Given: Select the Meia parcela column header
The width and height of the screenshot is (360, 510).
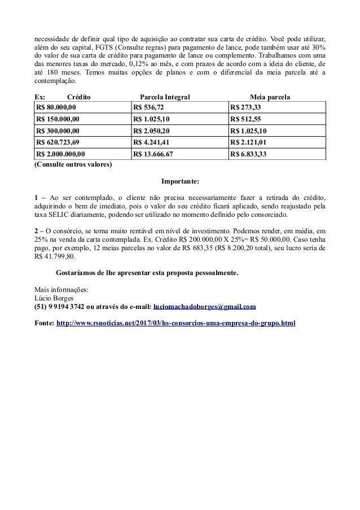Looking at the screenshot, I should (270, 97).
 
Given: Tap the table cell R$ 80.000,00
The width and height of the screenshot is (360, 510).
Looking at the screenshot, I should (56, 107).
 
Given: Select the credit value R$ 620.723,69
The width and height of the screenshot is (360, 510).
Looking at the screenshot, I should (59, 142).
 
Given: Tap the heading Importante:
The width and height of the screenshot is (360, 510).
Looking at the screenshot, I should (180, 182).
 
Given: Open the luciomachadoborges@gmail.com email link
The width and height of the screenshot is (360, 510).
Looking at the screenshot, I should (205, 307).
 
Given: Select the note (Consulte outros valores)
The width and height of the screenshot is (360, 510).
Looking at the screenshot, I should (73, 165).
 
